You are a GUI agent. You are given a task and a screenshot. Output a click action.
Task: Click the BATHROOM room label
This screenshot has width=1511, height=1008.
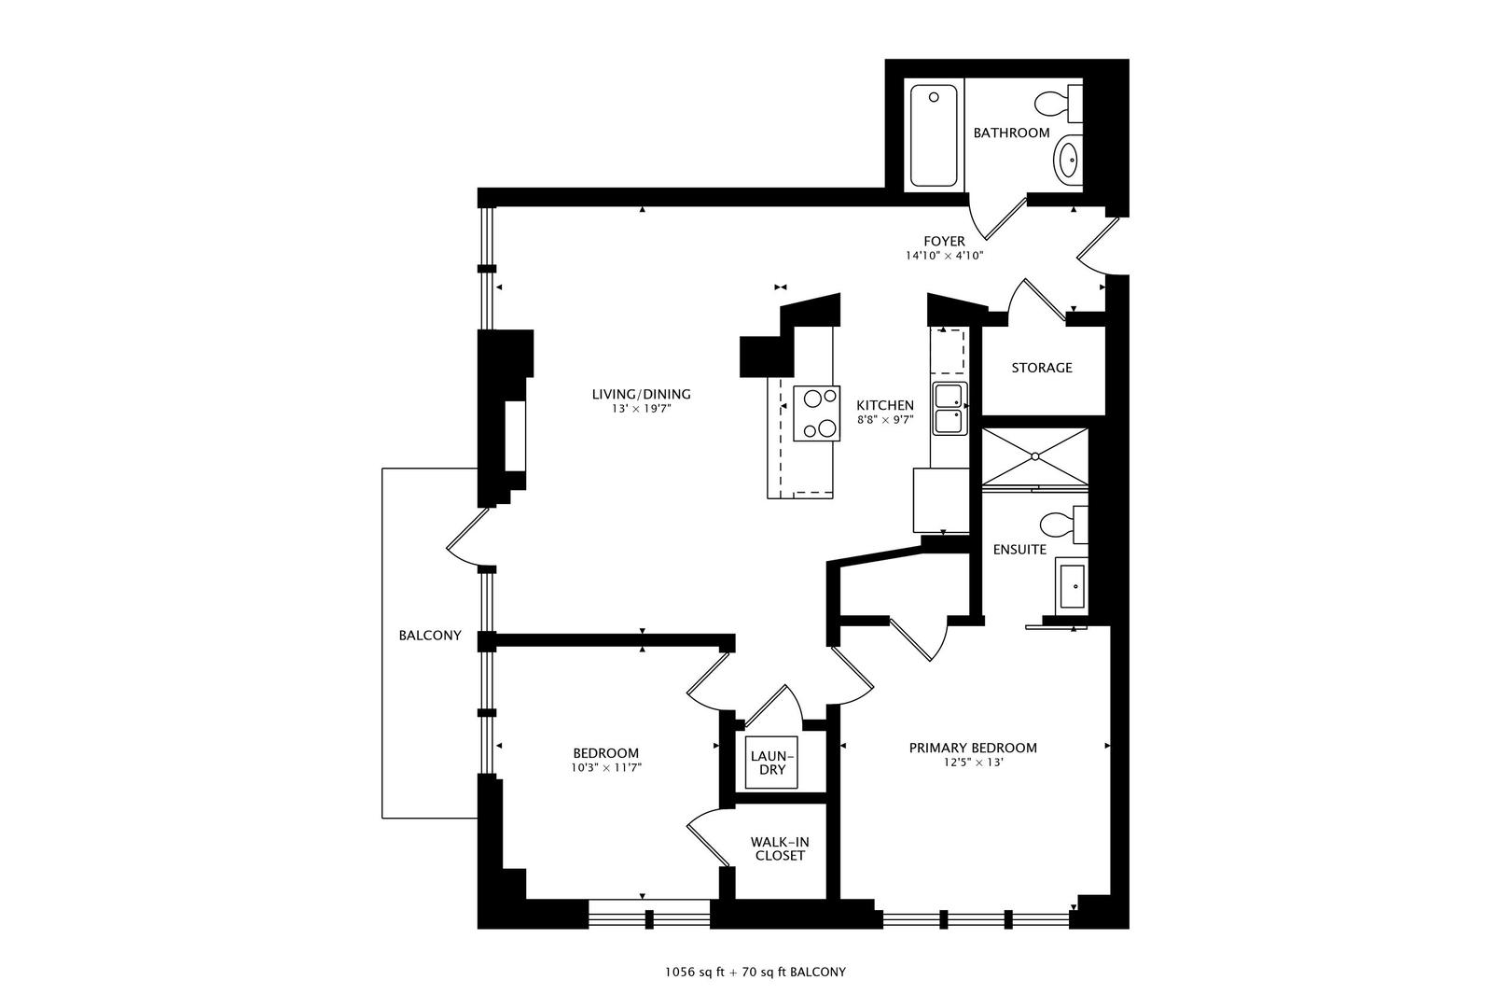pyautogui.click(x=1011, y=133)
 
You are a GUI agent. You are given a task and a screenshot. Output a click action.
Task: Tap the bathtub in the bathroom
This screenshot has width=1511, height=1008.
pyautogui.click(x=934, y=135)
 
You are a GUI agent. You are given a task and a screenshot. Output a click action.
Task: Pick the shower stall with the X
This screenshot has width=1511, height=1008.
pyautogui.click(x=1034, y=456)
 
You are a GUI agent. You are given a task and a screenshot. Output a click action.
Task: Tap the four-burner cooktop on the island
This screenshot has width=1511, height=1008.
pyautogui.click(x=816, y=413)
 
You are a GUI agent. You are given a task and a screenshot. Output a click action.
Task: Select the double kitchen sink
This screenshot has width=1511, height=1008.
pyautogui.click(x=950, y=409)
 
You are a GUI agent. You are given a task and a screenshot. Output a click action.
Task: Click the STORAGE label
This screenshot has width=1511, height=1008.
pyautogui.click(x=1042, y=368)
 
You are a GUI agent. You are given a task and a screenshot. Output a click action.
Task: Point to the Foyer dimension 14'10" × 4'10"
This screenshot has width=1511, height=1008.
pyautogui.click(x=944, y=256)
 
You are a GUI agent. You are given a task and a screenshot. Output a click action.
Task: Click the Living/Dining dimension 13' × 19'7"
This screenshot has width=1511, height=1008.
pyautogui.click(x=641, y=409)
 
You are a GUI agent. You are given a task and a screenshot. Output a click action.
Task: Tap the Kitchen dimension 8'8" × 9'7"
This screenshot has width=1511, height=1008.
pyautogui.click(x=885, y=419)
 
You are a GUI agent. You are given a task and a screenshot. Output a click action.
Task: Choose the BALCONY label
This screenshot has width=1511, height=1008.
pyautogui.click(x=430, y=636)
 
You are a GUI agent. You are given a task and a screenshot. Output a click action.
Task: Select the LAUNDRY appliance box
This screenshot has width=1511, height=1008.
pyautogui.click(x=771, y=763)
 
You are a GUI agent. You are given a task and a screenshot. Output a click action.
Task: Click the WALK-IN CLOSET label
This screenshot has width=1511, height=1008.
pyautogui.click(x=780, y=849)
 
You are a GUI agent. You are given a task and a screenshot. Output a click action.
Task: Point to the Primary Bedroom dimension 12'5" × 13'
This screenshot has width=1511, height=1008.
pyautogui.click(x=973, y=763)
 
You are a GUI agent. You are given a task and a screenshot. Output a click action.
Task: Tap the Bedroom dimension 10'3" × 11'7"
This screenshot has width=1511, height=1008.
pyautogui.click(x=605, y=767)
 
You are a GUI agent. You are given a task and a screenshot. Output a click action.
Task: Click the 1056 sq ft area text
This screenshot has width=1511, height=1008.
pyautogui.click(x=694, y=973)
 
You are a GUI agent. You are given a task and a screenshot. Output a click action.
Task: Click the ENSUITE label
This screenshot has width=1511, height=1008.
pyautogui.click(x=1019, y=550)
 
